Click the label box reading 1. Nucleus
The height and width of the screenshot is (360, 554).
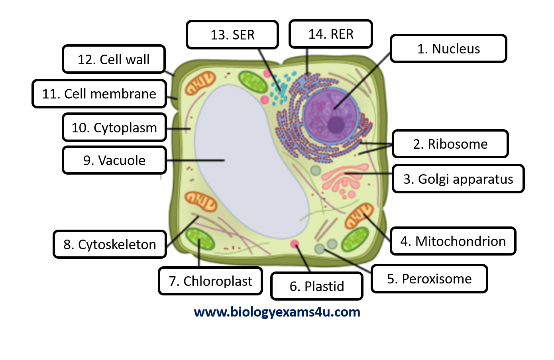click(x=448, y=49)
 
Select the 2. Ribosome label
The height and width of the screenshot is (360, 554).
click(x=450, y=144)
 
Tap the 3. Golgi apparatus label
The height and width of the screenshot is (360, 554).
click(x=458, y=179)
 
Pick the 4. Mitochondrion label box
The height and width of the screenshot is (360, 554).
click(x=453, y=241)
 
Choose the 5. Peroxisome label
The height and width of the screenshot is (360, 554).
click(x=429, y=279)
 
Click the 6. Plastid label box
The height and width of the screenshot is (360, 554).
click(x=316, y=286)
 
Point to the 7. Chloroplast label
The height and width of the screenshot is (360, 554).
click(x=210, y=281)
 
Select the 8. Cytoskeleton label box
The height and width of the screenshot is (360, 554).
click(x=110, y=244)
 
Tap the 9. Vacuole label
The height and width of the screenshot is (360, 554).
click(x=114, y=160)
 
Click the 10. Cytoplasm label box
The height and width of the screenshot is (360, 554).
click(x=114, y=128)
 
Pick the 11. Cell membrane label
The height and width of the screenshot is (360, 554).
click(x=99, y=94)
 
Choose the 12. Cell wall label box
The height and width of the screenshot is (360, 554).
click(x=114, y=59)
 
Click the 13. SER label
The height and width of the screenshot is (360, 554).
click(x=232, y=35)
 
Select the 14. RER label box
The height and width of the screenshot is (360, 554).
click(x=331, y=34)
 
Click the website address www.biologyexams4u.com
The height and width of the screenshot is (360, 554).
click(x=277, y=312)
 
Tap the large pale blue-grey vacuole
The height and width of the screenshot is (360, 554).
click(x=247, y=159)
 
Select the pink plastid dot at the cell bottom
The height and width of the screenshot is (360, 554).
click(x=295, y=244)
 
